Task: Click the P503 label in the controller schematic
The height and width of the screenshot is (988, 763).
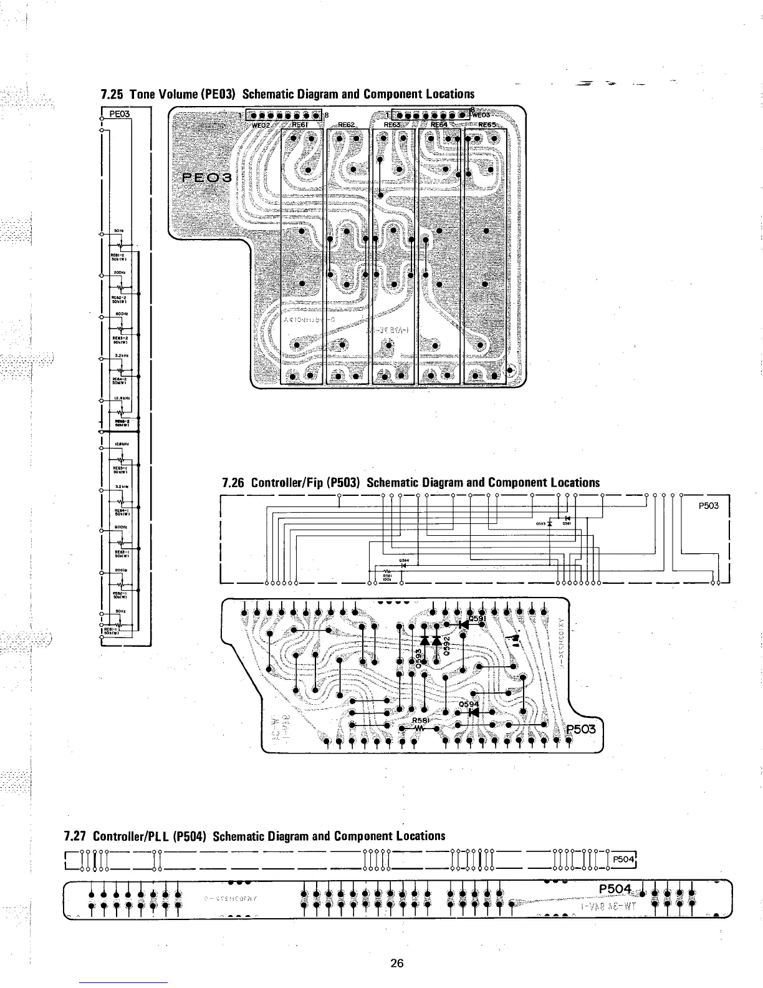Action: point(709,505)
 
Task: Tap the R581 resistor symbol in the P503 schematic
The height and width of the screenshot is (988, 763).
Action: point(386,571)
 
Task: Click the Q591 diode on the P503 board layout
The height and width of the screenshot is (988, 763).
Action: point(463,623)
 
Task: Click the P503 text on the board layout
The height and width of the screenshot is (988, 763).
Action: point(581,730)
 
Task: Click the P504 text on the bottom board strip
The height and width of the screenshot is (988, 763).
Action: point(615,888)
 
